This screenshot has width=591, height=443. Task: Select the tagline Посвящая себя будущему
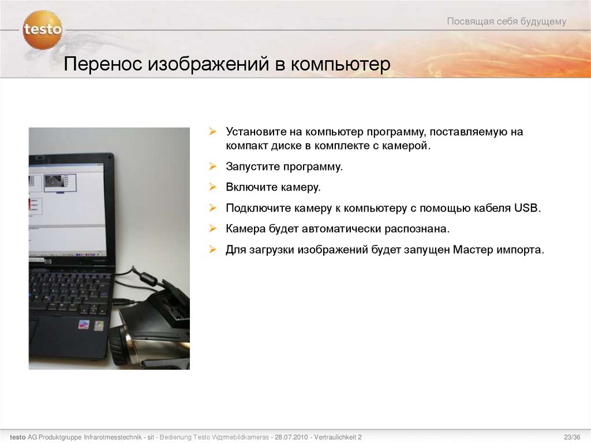(x=506, y=22)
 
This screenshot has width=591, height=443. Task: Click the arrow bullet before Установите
(x=212, y=132)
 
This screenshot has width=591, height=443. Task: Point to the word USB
(x=526, y=208)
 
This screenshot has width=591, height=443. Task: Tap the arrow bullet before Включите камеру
(x=212, y=187)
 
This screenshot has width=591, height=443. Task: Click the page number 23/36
(x=572, y=436)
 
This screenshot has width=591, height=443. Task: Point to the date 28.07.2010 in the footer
(x=291, y=437)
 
